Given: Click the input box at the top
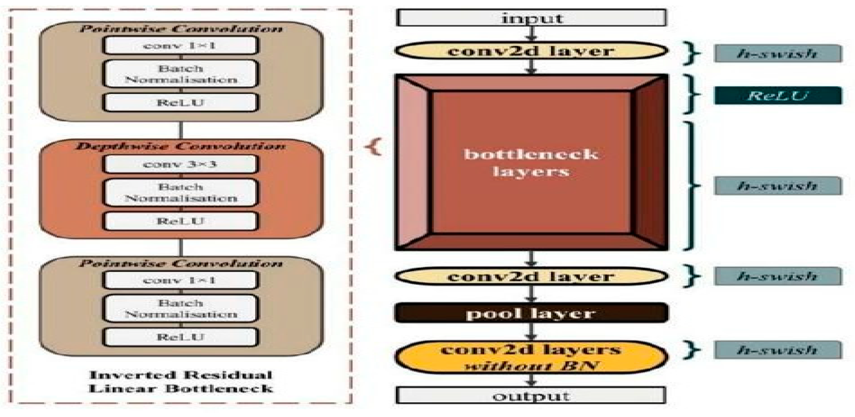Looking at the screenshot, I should [x=531, y=18].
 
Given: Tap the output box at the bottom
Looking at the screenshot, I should [x=531, y=396].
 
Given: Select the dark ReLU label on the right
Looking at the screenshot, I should [x=778, y=96].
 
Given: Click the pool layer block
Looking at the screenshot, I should [x=531, y=313].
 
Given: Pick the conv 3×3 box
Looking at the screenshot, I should [x=180, y=164].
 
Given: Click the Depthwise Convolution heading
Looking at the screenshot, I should [x=180, y=146].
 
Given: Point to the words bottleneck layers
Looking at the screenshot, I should [x=531, y=163].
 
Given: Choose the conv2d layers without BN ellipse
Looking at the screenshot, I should [x=531, y=357].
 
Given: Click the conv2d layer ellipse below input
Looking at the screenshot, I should [x=531, y=51].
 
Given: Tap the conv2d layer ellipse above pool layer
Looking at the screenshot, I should [x=531, y=276].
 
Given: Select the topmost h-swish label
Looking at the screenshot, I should [x=778, y=53].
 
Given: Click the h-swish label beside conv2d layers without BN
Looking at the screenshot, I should [x=778, y=350].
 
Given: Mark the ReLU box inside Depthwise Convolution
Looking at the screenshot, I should [x=180, y=221].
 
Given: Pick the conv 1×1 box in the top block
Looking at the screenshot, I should [x=180, y=45].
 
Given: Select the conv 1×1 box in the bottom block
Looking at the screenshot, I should [x=180, y=280].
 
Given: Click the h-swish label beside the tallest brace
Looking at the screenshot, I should [x=778, y=186].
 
